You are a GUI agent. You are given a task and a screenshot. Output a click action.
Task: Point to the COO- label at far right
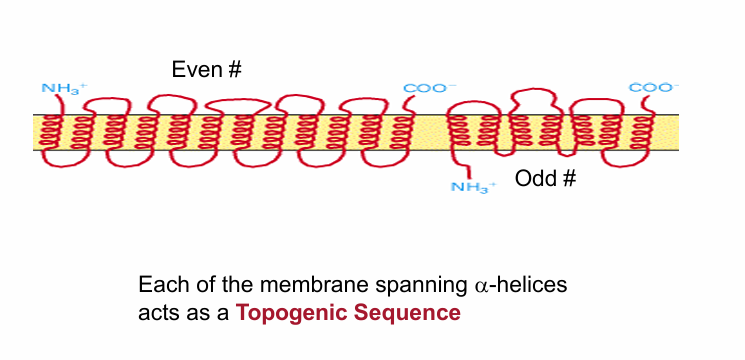(x=651, y=87)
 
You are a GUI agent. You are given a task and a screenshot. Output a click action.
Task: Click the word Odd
(x=536, y=179)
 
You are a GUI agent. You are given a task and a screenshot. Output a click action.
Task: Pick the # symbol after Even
(x=235, y=69)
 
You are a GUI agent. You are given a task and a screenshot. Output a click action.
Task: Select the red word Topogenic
(x=286, y=312)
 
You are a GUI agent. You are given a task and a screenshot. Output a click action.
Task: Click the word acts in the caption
(x=155, y=312)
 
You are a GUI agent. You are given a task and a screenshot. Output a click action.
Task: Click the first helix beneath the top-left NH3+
(x=55, y=132)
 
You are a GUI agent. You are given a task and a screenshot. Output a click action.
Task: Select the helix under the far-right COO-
(x=641, y=132)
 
